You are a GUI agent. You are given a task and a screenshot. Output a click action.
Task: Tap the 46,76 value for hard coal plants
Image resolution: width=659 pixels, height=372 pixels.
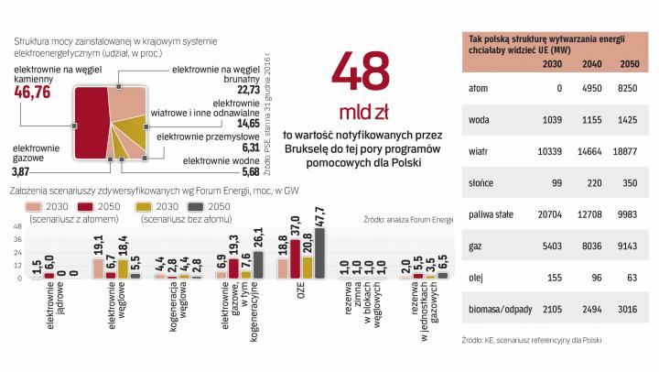(x=32, y=93)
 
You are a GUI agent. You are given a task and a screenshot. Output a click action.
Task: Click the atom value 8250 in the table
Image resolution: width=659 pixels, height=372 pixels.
(x=630, y=89)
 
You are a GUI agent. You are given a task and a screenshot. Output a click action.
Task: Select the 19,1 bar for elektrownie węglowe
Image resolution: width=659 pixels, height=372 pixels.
(x=98, y=268)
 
